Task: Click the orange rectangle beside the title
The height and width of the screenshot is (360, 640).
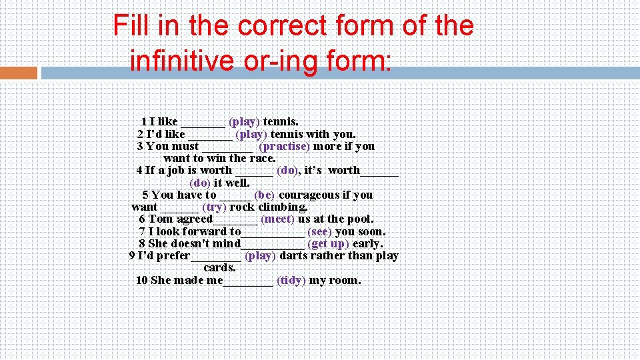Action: click(19, 73)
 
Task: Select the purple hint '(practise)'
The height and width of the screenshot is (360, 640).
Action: click(284, 146)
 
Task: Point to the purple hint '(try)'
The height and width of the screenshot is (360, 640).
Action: click(214, 207)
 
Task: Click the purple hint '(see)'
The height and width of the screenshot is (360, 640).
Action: click(319, 231)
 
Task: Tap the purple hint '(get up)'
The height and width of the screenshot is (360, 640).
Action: click(328, 243)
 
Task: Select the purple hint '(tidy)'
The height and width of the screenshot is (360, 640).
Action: click(291, 280)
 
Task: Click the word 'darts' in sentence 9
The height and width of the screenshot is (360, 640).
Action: click(293, 255)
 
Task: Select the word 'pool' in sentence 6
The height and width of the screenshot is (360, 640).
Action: click(360, 219)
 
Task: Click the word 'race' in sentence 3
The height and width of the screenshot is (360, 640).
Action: click(261, 158)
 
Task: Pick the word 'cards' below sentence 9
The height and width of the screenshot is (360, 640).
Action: click(219, 267)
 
